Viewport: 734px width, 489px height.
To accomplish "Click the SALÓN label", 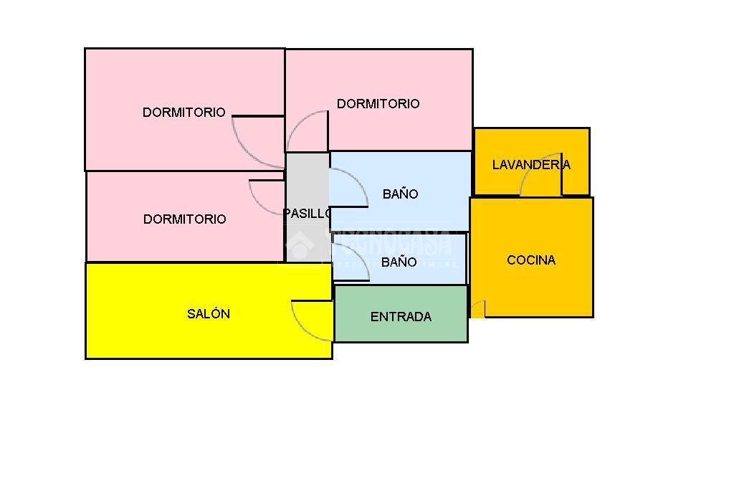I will point(209,313).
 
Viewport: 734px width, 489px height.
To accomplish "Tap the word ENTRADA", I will point(401,316).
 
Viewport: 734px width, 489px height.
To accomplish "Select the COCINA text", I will point(531,260).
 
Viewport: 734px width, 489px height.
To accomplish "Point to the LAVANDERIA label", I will point(531,164).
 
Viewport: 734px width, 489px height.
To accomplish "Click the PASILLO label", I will point(308,213).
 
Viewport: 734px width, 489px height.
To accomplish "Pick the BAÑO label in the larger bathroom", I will point(400,194).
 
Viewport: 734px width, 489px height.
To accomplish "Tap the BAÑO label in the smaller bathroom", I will point(399,262).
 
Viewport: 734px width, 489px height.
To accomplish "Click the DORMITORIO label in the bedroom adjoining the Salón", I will point(184,219).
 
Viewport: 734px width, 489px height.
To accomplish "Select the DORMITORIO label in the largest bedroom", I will point(183,112).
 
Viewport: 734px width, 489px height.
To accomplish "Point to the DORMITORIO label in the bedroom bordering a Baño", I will point(378,103).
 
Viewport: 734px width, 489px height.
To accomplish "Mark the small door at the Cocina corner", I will point(477,309).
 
